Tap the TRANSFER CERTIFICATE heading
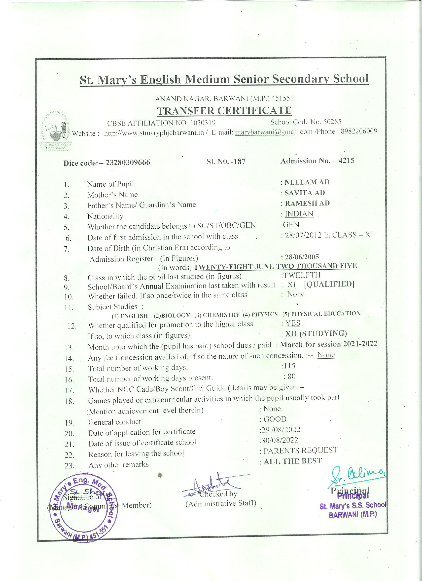pos(224,110)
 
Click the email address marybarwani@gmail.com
pos(274,132)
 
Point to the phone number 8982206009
pos(359,131)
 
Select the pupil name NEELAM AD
pos(307,182)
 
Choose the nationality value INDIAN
pos(299,214)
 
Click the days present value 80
pos(291,376)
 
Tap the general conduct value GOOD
pos(275,419)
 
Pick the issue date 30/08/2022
pos(280,440)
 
